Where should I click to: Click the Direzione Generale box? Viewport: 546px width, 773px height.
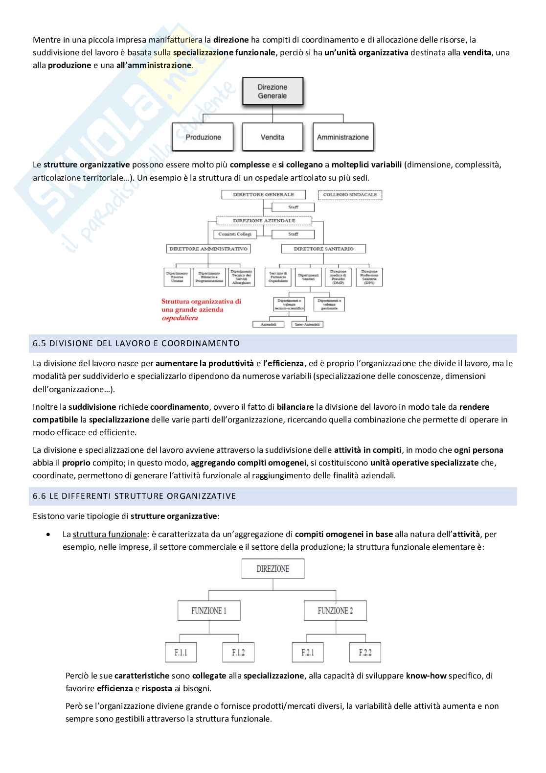tap(273, 92)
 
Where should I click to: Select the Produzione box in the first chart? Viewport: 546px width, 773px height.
tap(203, 137)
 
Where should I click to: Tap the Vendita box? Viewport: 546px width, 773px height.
tap(273, 137)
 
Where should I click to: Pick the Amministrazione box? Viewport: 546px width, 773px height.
tap(342, 137)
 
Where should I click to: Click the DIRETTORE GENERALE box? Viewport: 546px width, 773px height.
tap(263, 195)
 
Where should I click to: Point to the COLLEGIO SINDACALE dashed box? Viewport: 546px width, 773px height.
tap(350, 195)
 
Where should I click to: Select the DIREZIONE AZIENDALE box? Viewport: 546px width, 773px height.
tap(264, 221)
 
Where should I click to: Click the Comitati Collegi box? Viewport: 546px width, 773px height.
tap(235, 234)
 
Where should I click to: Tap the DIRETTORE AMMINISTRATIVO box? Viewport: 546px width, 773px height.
tap(208, 249)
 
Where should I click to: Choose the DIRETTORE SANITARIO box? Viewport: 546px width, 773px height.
tap(323, 249)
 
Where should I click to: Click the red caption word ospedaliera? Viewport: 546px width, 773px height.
tap(180, 318)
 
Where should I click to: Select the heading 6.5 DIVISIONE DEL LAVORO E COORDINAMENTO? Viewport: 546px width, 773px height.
tap(136, 343)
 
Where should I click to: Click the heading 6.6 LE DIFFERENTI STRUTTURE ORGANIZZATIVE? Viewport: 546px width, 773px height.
tap(135, 496)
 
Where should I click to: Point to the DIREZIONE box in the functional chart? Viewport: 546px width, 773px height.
tap(273, 569)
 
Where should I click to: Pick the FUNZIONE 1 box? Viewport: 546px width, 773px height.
tap(208, 610)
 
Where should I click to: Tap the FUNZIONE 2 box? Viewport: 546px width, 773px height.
tap(335, 610)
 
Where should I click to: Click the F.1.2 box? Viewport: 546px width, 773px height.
tap(238, 653)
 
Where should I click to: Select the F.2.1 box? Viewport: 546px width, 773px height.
tap(307, 653)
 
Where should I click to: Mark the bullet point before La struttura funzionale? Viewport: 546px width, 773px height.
tap(47, 534)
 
